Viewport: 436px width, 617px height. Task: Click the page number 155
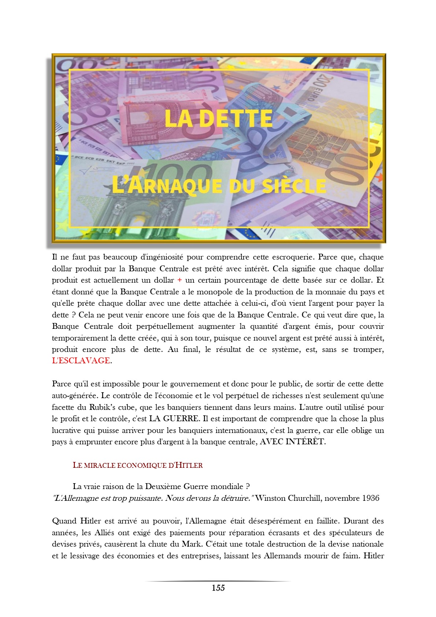[x=218, y=588]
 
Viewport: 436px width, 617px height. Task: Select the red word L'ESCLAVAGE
[x=81, y=361]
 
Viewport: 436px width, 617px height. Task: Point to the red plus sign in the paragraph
[x=180, y=280]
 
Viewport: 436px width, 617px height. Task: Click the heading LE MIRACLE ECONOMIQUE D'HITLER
[x=138, y=465]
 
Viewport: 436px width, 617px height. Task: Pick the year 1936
[x=370, y=498]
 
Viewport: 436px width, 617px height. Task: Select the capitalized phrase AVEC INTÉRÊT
[x=292, y=441]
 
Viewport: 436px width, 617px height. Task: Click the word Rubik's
[x=102, y=407]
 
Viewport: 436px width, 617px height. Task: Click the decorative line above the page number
[x=218, y=581]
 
